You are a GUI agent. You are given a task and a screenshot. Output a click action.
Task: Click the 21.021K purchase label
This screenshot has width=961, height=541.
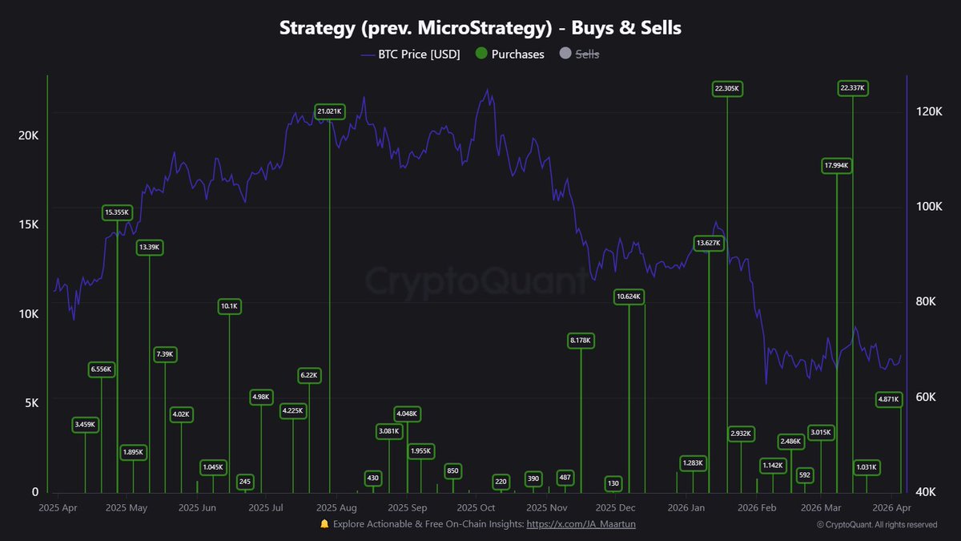[x=330, y=111]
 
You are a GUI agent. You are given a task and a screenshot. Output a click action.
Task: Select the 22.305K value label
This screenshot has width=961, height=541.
[x=727, y=88]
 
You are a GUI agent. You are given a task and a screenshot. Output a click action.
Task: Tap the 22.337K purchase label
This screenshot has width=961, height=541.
[x=852, y=88]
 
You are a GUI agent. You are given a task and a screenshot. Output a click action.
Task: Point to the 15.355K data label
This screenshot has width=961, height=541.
[x=118, y=212]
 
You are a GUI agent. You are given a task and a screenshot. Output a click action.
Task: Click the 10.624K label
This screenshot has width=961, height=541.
[x=629, y=297]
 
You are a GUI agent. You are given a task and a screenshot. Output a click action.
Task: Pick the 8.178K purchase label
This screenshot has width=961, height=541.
[x=581, y=341]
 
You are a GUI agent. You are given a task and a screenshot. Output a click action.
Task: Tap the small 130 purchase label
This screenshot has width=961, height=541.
[x=613, y=483]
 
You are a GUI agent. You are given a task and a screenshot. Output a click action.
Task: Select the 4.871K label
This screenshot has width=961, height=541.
[x=889, y=399]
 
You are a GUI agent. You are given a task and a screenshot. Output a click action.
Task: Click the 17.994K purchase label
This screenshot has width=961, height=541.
[x=836, y=166]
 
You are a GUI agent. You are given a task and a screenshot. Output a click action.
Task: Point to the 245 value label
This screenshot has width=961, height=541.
[x=245, y=482]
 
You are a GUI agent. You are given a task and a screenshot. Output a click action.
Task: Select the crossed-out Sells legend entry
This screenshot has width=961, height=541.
[x=579, y=55]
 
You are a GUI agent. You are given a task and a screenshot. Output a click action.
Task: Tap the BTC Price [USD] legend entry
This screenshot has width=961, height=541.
[x=410, y=55]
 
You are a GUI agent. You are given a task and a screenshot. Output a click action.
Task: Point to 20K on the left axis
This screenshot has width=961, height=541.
[x=28, y=135]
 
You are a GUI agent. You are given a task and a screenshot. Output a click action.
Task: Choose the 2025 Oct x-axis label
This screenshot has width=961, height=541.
[x=477, y=507]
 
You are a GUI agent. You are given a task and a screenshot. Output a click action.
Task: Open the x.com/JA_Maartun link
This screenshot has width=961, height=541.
[x=581, y=524]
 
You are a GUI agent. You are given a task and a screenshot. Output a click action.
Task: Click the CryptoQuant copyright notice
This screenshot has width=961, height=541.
[x=876, y=525]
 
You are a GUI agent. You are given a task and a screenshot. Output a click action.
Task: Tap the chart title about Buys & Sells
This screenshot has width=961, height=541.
[x=480, y=28]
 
